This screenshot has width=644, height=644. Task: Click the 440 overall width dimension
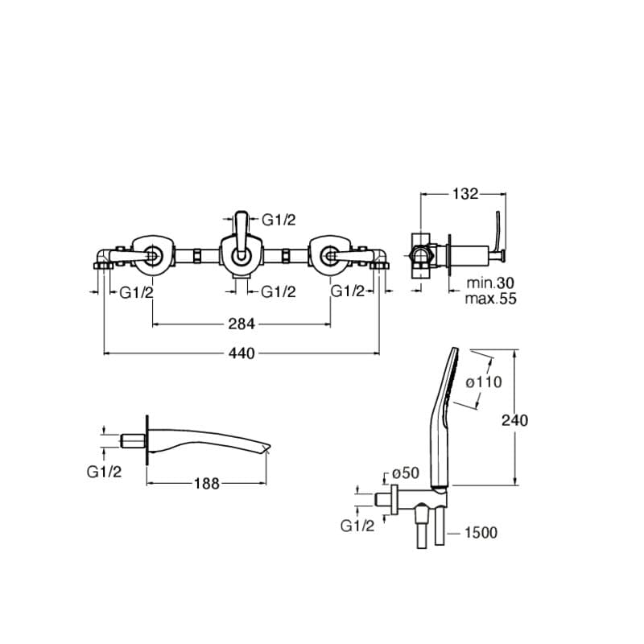(242, 353)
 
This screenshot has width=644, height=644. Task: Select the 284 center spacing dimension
(242, 324)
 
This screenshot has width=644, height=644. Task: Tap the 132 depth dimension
(465, 194)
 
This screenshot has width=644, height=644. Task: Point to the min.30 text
(490, 283)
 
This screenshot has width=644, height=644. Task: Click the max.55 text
(490, 299)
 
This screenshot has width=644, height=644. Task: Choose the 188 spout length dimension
(207, 484)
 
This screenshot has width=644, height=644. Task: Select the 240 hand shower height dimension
(514, 420)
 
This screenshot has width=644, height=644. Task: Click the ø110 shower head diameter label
(484, 382)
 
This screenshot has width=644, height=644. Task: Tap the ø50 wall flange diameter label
(406, 473)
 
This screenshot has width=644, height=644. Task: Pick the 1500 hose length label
(481, 533)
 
